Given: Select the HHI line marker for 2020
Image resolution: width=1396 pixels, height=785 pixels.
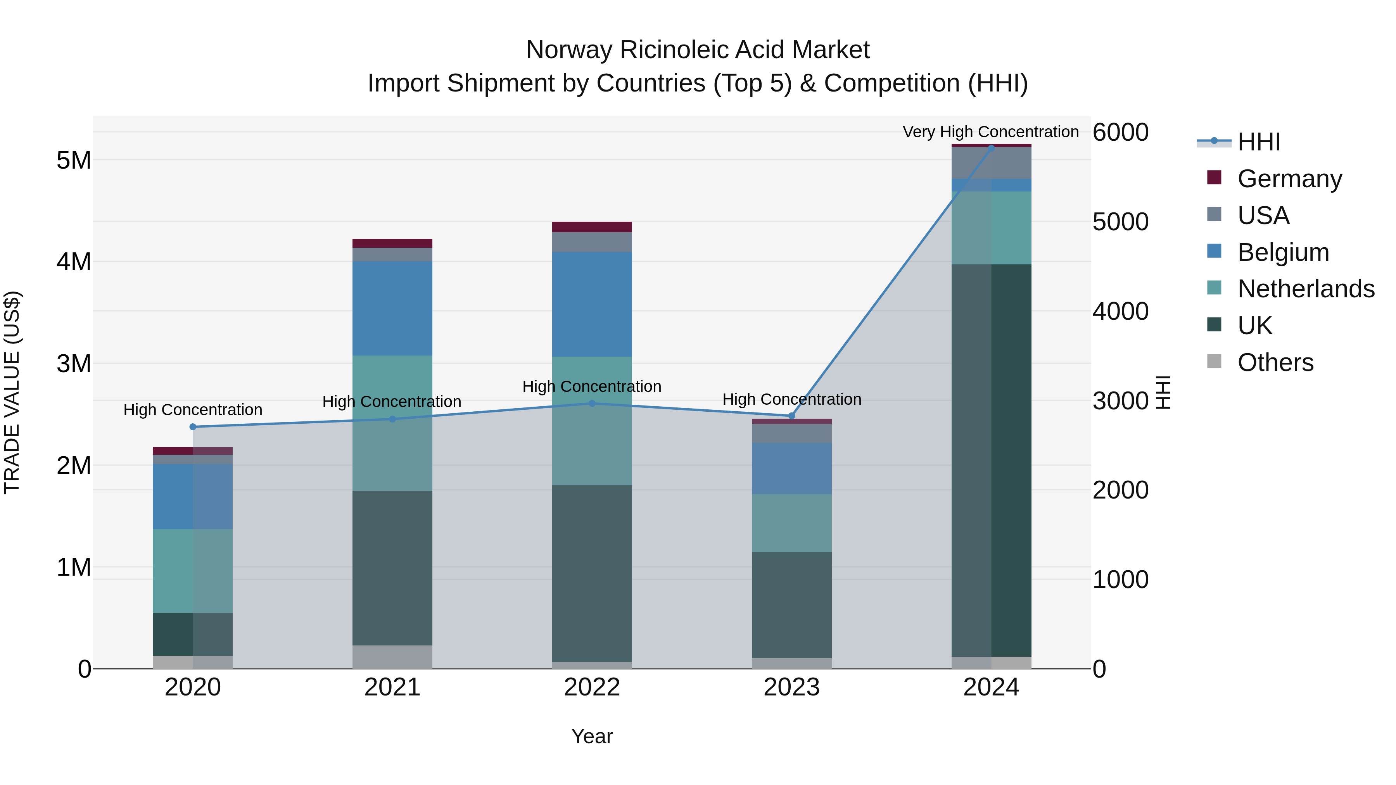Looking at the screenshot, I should point(193,427).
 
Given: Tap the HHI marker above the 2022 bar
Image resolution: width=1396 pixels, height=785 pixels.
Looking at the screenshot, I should point(592,403).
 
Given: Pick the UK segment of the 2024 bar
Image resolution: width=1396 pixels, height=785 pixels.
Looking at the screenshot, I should point(991,461).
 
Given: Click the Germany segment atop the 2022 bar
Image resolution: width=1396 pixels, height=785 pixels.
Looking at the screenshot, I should point(592,227).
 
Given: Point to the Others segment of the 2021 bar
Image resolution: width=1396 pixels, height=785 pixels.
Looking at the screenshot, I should point(392,657).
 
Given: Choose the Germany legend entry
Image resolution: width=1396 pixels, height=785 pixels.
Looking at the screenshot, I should point(1289,179).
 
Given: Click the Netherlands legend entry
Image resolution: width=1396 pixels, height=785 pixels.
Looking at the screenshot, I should point(1306,289).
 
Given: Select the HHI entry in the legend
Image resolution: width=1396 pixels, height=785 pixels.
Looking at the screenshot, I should point(1258,142).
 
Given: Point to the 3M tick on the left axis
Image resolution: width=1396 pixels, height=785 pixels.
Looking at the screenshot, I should point(74,364).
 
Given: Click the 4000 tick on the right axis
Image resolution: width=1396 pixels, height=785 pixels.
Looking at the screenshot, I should point(1120,312).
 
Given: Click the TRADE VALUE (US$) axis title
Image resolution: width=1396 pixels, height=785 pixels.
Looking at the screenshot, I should point(12,392).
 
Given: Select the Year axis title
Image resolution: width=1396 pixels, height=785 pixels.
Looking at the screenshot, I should point(592,736).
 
